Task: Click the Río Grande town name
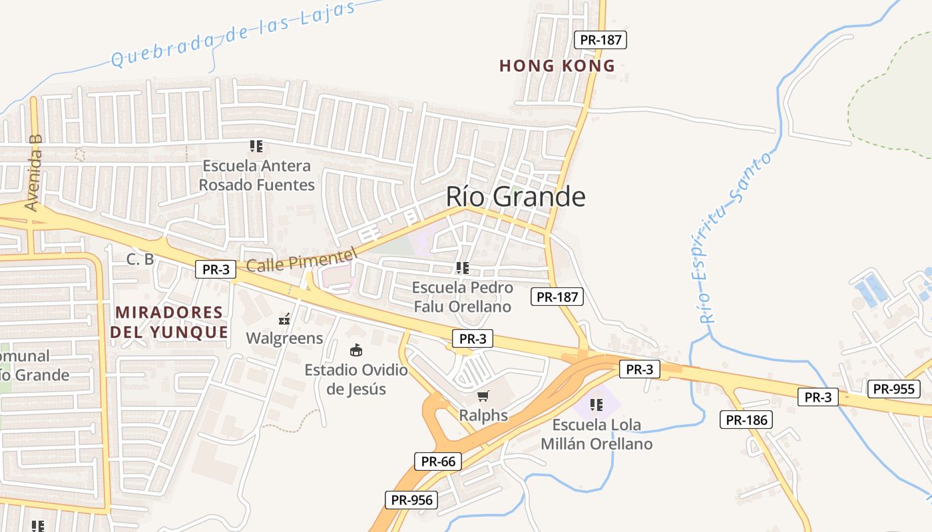click(x=515, y=197)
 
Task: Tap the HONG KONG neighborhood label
click(x=557, y=66)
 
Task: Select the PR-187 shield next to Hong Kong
click(x=600, y=40)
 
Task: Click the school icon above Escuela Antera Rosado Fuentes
click(x=256, y=146)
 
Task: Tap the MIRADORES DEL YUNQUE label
click(x=169, y=322)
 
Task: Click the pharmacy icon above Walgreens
click(x=284, y=319)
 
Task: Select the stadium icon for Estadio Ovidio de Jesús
click(x=356, y=350)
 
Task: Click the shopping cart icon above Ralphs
click(x=483, y=396)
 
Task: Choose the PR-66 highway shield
click(x=438, y=461)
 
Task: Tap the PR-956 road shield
click(x=411, y=500)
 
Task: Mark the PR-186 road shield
click(x=746, y=420)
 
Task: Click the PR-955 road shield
click(x=893, y=389)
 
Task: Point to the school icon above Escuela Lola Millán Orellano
click(x=596, y=404)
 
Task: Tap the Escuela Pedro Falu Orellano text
click(x=463, y=297)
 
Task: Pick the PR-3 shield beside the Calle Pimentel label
click(x=216, y=269)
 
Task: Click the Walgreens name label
click(x=284, y=338)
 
